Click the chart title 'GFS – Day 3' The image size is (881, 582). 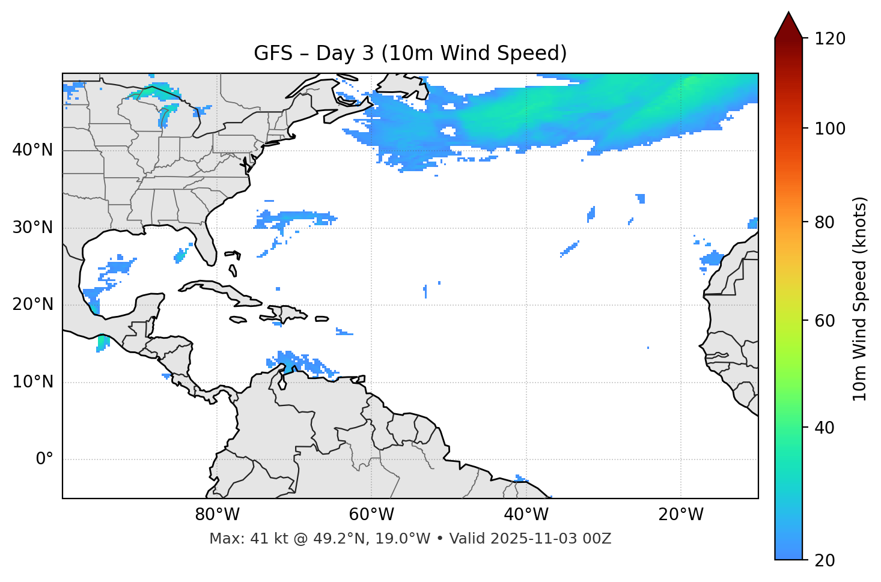(x=410, y=53)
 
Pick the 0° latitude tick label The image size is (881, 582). (x=44, y=459)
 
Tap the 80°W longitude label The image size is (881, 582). (x=217, y=515)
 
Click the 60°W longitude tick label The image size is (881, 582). (x=371, y=515)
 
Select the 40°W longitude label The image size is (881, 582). (x=526, y=515)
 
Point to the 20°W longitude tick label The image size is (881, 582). (x=680, y=515)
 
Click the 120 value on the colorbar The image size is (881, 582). (x=830, y=39)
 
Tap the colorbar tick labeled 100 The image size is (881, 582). (x=830, y=129)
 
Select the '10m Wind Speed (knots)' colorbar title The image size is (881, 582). (x=860, y=299)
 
